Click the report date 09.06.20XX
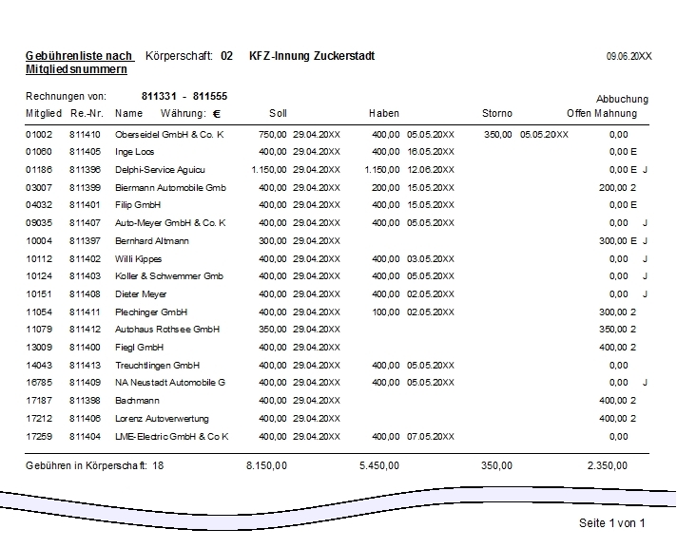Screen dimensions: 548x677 [629, 57]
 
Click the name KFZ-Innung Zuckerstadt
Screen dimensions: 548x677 [312, 56]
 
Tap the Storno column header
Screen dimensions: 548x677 [496, 114]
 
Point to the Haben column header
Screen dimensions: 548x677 [384, 114]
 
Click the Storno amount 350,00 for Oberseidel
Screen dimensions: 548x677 [497, 135]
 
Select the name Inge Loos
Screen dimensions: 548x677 [135, 152]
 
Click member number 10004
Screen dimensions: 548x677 [39, 241]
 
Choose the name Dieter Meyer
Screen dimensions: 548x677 [141, 294]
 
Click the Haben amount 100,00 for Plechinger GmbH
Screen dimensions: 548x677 [385, 312]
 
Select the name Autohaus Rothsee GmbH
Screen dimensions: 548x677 [167, 330]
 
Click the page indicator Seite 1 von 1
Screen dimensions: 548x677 [611, 523]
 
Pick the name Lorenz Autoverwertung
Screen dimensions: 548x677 [162, 419]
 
